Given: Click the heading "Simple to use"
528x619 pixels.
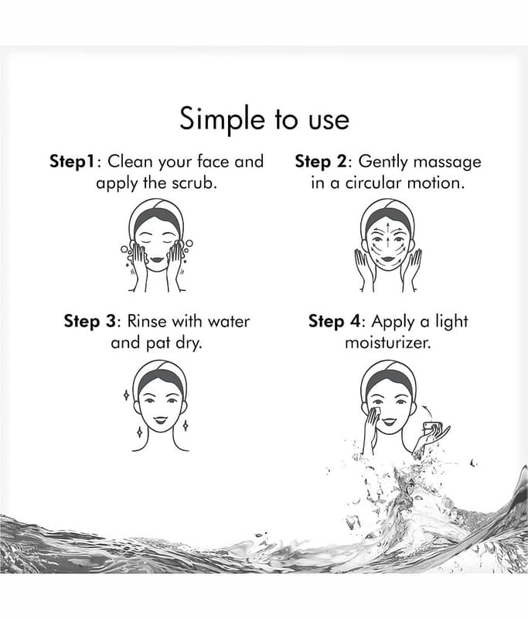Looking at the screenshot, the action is point(264,119).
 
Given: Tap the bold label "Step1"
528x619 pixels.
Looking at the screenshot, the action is point(73,162).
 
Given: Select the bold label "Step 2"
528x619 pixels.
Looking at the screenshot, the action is point(321,162).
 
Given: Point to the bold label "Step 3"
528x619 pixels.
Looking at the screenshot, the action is point(90,321).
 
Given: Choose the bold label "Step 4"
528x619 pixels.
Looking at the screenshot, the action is point(334,321).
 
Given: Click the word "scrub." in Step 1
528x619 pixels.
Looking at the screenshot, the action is point(195,183).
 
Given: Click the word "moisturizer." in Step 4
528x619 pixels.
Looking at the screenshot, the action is point(388,343).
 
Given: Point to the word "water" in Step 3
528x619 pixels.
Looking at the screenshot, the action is point(229,322).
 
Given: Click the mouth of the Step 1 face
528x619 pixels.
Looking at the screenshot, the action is point(157,260).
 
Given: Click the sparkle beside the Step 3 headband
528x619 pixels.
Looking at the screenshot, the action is point(126,395).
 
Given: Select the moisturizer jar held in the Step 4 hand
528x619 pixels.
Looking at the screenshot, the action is point(431,427).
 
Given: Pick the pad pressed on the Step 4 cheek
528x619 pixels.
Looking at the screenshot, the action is point(375,412).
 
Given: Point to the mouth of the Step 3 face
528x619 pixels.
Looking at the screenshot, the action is point(160,419).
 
